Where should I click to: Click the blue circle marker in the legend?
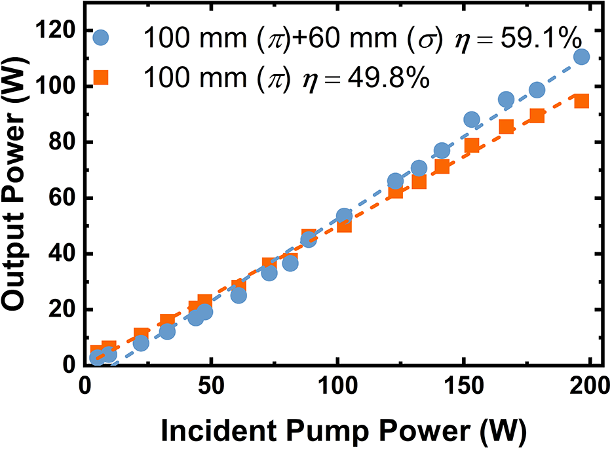pyautogui.click(x=104, y=37)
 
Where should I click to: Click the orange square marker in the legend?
pyautogui.click(x=104, y=79)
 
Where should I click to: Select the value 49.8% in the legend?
pyautogui.click(x=387, y=80)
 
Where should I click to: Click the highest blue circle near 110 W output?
pyautogui.click(x=581, y=57)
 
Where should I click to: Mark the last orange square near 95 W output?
pyautogui.click(x=581, y=101)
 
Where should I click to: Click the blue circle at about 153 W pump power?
pyautogui.click(x=472, y=119)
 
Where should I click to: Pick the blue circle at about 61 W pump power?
pyautogui.click(x=239, y=296)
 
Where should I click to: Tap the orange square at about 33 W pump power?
pyautogui.click(x=168, y=322)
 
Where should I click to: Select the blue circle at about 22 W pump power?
pyautogui.click(x=141, y=343)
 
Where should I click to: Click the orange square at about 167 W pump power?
pyautogui.click(x=507, y=127)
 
